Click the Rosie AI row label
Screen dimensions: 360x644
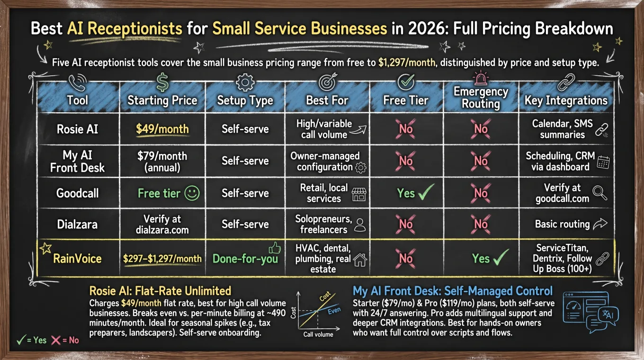[x=77, y=128]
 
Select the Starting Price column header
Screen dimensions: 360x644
[x=162, y=100]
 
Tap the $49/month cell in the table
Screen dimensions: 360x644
[x=162, y=128]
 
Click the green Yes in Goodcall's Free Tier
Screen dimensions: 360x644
[x=406, y=193]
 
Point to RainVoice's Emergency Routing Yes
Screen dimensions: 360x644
[x=481, y=258]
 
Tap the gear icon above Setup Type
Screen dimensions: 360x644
[x=245, y=82]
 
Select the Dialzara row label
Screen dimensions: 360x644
[x=77, y=224]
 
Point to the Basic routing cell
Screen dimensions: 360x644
[x=562, y=224]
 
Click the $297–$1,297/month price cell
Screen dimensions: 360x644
[x=162, y=259]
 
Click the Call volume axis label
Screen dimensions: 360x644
[x=318, y=334]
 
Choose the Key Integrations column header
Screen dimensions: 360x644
[x=565, y=100]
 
